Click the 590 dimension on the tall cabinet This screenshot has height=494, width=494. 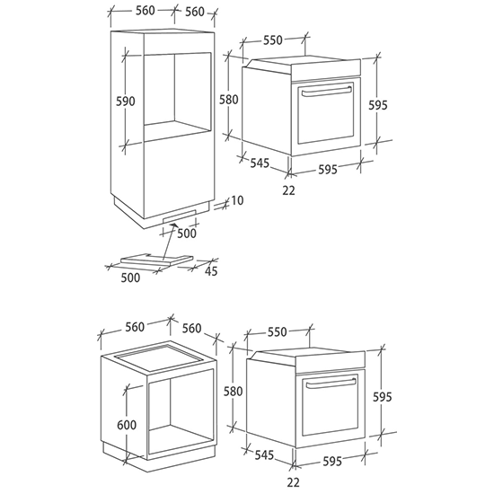126,101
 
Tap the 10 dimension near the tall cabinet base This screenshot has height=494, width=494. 237,200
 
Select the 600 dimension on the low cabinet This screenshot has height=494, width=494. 127,425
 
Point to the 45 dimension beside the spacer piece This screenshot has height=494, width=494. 211,271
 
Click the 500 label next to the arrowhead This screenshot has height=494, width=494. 187,234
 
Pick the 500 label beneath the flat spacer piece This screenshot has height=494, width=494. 130,278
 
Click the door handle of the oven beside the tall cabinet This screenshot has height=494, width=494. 326,91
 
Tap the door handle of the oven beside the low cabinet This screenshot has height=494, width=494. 331,383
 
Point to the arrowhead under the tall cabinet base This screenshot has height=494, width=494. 173,225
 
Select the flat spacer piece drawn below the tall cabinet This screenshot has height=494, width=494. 156,259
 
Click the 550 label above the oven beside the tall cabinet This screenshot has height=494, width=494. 273,40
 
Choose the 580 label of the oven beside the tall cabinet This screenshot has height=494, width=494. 229,100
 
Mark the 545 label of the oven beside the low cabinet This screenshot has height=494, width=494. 264,455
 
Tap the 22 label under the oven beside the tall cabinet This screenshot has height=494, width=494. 288,190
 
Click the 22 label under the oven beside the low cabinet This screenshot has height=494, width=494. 293,482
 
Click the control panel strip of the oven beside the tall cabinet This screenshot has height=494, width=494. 326,68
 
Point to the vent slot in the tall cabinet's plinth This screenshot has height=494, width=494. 180,216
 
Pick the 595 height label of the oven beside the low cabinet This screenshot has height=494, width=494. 382,397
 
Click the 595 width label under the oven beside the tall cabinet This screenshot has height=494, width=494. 328,169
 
